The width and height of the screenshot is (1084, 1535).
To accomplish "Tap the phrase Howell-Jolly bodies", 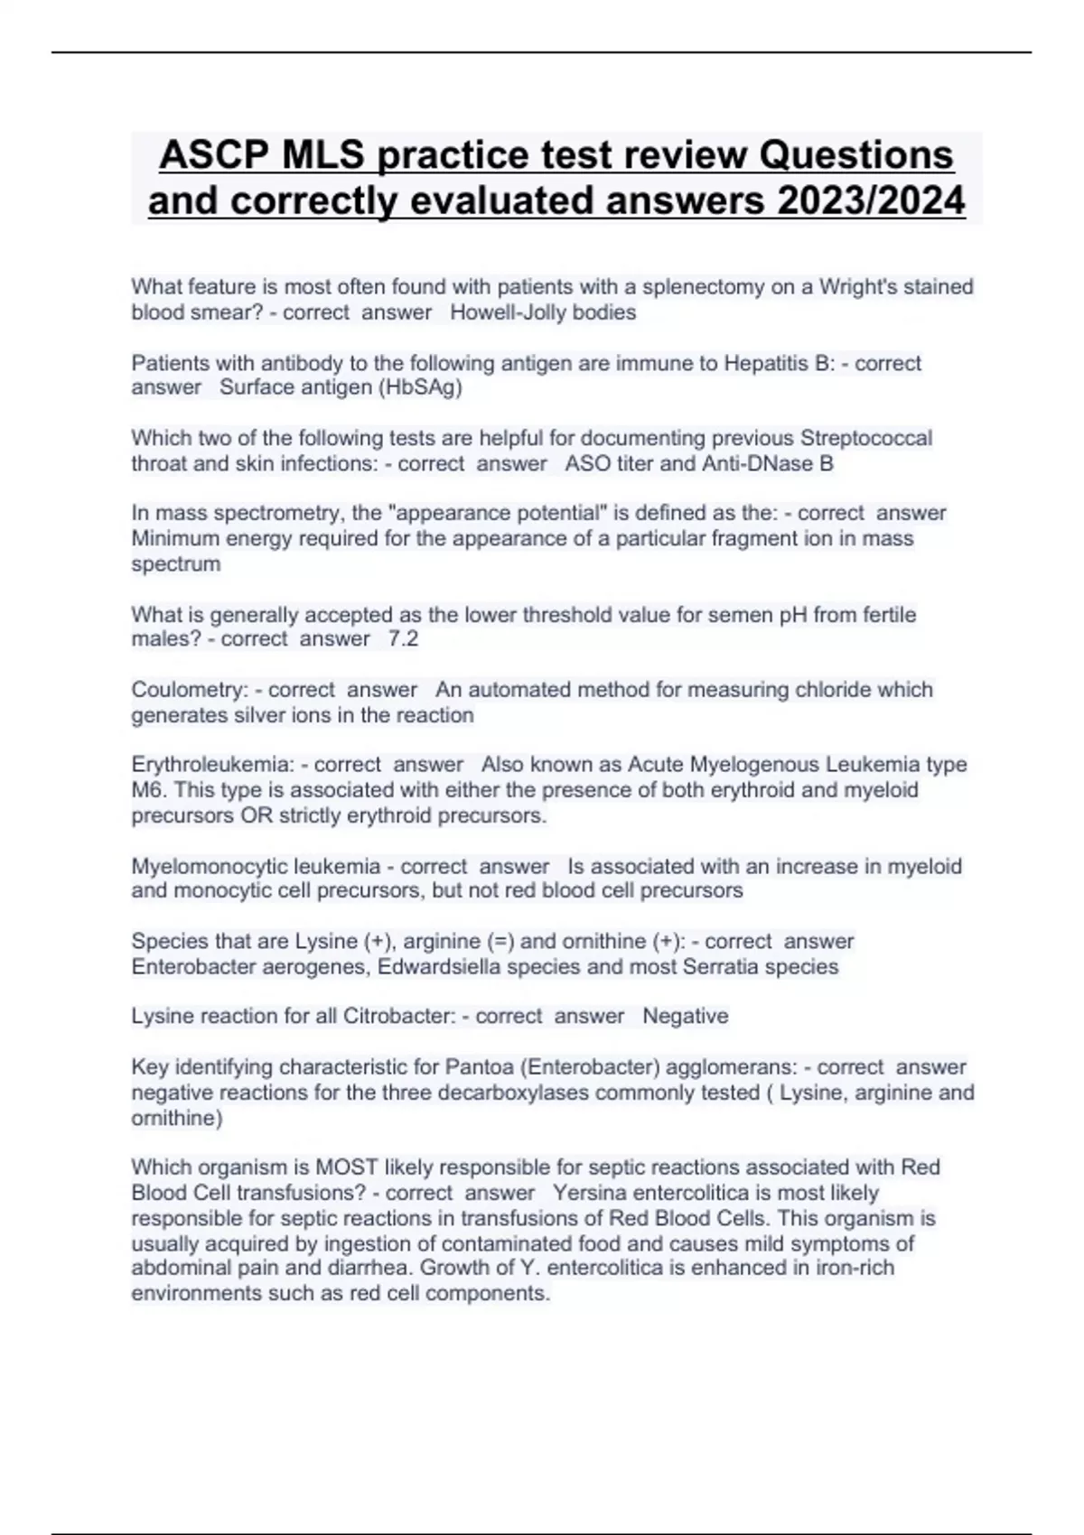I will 543,312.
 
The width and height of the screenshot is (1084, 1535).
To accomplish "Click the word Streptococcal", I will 866,438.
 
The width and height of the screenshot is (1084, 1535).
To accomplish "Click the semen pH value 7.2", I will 403,639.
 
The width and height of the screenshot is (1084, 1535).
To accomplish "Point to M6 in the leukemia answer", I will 148,790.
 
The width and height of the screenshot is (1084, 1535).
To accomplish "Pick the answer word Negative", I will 685,1017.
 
